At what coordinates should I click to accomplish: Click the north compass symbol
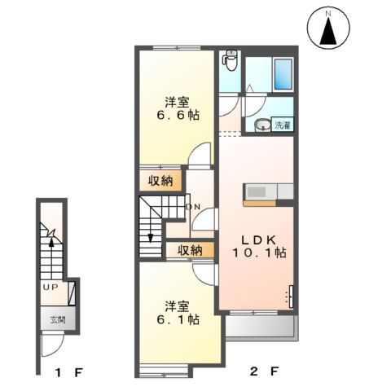point(328,29)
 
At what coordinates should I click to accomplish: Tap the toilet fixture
point(230,61)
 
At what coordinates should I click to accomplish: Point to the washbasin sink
point(262,126)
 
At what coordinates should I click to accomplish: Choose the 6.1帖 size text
point(177,320)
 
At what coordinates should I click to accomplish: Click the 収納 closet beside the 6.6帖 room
point(160,181)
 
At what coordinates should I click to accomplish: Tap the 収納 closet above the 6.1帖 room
point(190,250)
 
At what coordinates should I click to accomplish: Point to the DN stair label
point(193,207)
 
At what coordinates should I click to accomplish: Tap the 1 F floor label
point(68,373)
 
